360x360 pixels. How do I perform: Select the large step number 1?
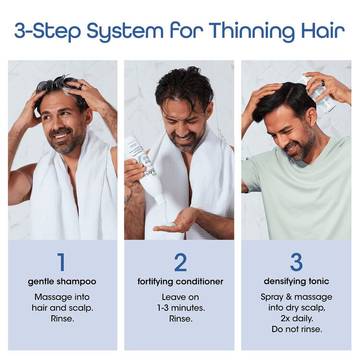tap(60, 262)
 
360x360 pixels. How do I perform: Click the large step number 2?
tap(180, 262)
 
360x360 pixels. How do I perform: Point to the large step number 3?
tap(296, 262)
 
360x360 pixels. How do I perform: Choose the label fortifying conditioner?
tap(180, 281)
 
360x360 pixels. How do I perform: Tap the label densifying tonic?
tap(296, 281)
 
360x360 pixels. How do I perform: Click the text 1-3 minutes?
tap(180, 308)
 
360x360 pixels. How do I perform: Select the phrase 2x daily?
tap(296, 318)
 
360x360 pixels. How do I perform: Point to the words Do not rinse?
tap(296, 329)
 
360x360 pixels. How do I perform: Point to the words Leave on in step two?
tap(180, 297)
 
